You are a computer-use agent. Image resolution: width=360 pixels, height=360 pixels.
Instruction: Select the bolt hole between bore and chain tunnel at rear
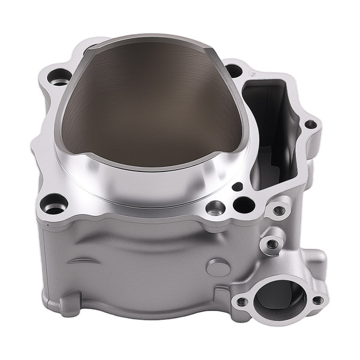[x=234, y=70]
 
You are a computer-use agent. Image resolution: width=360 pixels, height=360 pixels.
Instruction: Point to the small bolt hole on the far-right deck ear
[x=310, y=125]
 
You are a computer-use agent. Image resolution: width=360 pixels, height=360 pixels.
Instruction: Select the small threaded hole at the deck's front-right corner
[x=278, y=211]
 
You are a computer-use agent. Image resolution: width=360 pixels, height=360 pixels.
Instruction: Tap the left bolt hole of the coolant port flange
[x=242, y=302]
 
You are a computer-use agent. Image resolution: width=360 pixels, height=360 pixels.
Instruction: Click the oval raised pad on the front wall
[x=217, y=267]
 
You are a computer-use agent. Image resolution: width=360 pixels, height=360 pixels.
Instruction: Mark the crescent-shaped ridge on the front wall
[x=84, y=261]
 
